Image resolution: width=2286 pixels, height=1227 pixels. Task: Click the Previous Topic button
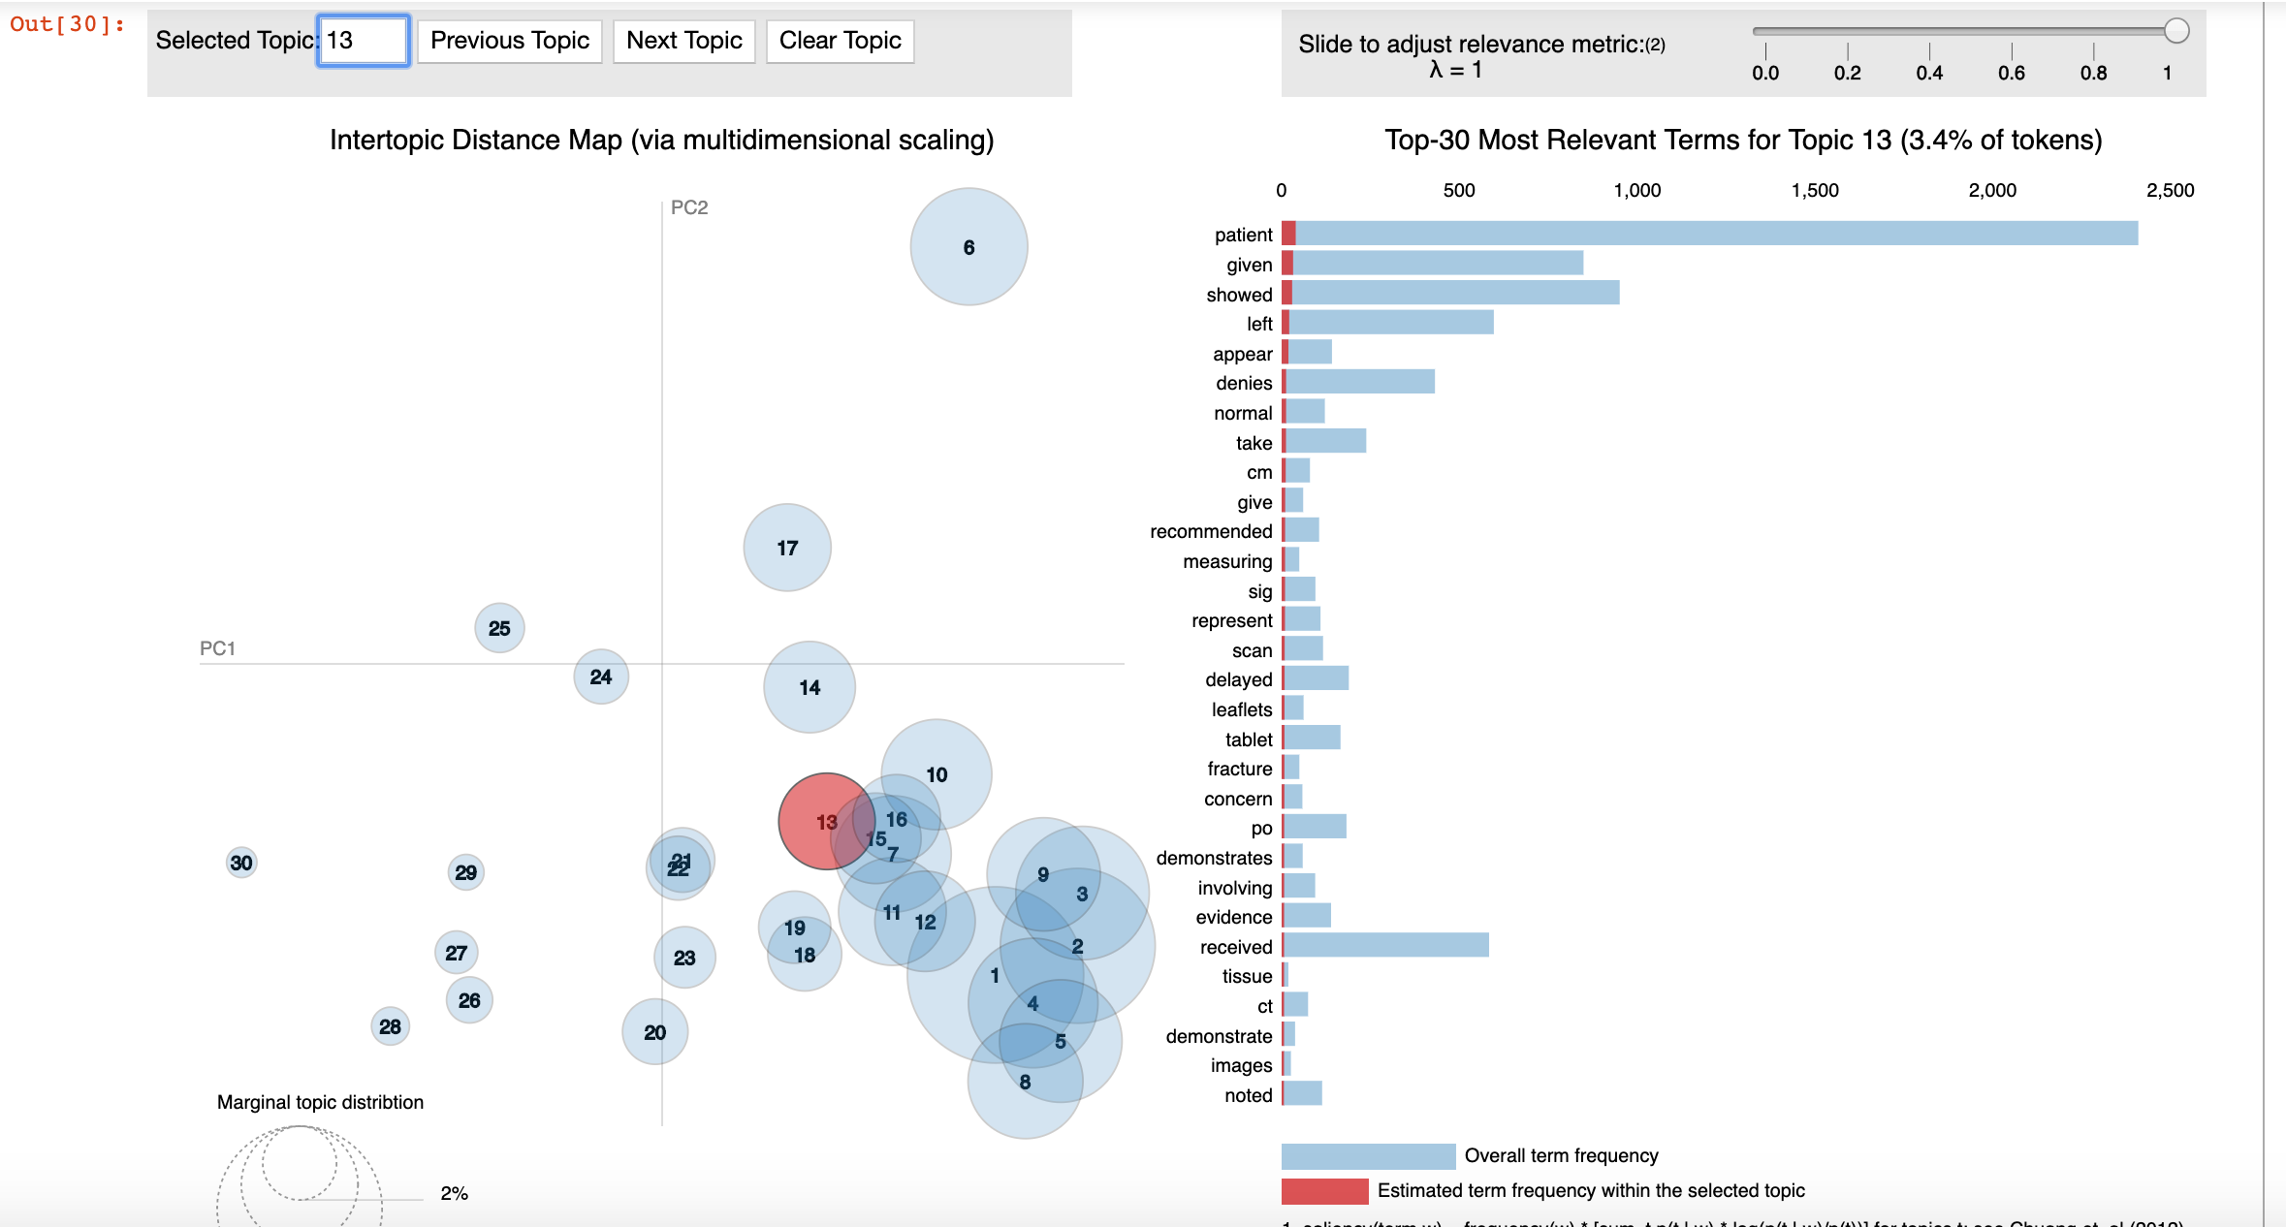click(509, 41)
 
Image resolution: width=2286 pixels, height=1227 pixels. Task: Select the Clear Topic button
click(840, 41)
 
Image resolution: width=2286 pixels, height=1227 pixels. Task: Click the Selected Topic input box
click(363, 41)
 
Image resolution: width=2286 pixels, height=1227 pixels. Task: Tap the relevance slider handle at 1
click(2176, 31)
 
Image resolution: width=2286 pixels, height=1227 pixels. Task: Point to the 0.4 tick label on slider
click(1928, 73)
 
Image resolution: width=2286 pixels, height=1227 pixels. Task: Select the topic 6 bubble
click(968, 247)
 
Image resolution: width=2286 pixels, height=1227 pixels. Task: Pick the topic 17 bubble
click(786, 548)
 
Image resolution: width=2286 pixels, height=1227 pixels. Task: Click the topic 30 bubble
click(241, 863)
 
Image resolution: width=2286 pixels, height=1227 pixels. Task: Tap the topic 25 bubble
click(499, 628)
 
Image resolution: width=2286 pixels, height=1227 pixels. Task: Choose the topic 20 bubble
click(654, 1032)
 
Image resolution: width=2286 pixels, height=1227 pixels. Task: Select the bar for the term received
click(1385, 945)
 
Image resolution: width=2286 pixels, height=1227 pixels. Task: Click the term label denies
click(1244, 383)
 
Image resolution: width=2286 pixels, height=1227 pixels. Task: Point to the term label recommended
click(1211, 531)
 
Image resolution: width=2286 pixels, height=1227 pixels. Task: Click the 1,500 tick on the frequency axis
click(1814, 190)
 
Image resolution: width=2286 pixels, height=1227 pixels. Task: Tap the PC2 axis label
click(689, 207)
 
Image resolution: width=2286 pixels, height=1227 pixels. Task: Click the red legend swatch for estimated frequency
click(1324, 1190)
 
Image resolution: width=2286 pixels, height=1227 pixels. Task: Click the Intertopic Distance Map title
click(661, 140)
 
